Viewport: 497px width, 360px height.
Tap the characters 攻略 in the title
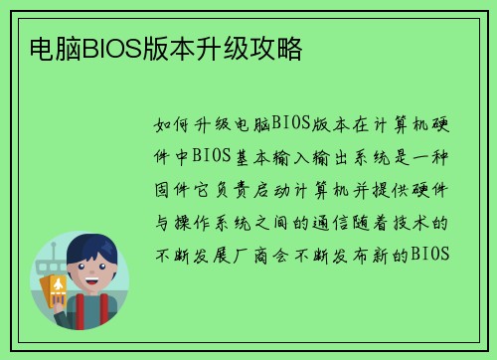pos(280,48)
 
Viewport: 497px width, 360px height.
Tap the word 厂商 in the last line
pos(264,253)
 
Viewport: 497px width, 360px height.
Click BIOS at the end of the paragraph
pos(431,253)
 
